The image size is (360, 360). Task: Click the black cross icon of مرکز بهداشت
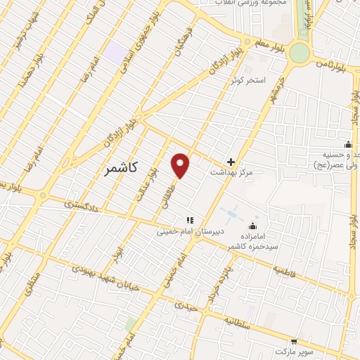click(231, 162)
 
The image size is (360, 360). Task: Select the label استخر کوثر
click(249, 81)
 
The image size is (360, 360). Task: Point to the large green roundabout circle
click(300, 53)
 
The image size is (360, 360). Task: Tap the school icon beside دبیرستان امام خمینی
click(189, 221)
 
